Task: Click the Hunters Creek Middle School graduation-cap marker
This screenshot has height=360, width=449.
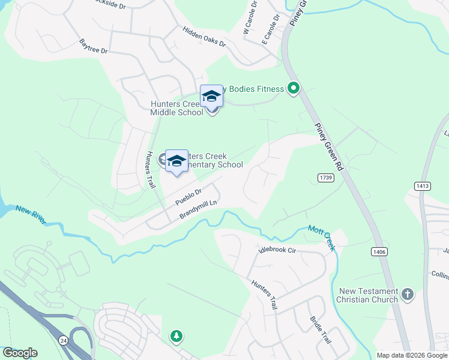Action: point(211,97)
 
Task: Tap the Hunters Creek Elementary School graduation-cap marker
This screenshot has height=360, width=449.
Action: point(176,161)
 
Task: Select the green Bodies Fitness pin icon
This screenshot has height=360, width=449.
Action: point(294,89)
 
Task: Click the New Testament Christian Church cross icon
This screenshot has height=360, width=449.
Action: point(408,294)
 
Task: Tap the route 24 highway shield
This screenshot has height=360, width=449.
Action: point(64,340)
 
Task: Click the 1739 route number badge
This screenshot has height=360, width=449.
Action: point(325,178)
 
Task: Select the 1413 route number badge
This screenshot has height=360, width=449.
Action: point(423,187)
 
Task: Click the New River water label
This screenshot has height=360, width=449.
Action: point(31,211)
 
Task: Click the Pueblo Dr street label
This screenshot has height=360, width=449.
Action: point(188,196)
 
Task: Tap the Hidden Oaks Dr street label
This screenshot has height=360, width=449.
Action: point(205,37)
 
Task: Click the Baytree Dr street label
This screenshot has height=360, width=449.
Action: point(94,46)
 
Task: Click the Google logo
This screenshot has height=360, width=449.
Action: point(20,353)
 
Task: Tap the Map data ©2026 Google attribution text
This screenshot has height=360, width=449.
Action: point(412,355)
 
